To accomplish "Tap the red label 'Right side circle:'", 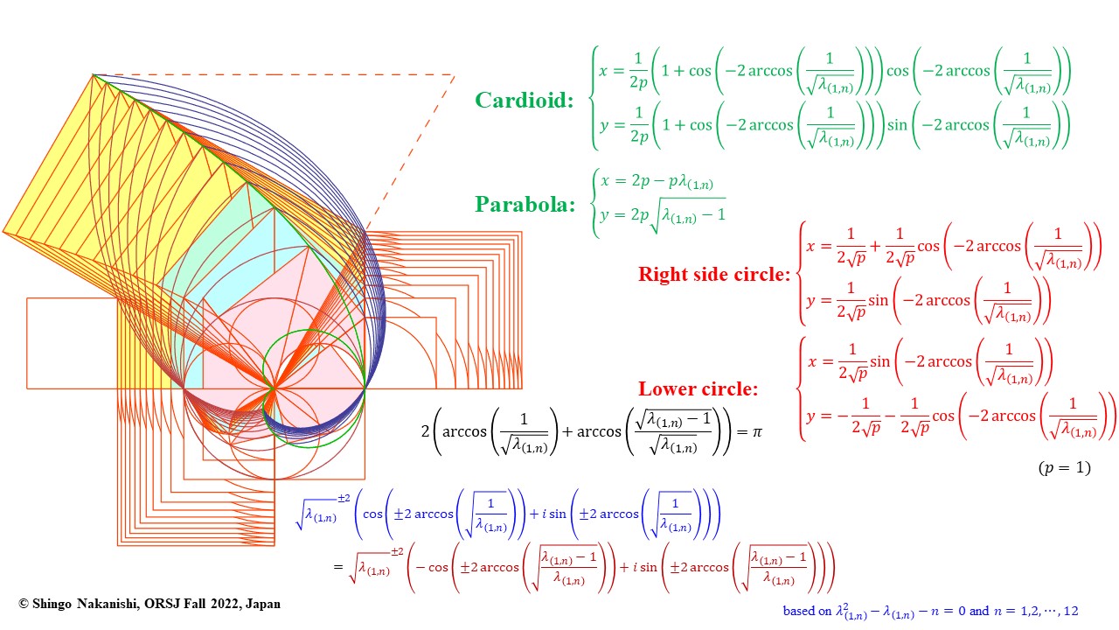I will [x=713, y=274].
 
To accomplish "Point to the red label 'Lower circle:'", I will [x=698, y=388].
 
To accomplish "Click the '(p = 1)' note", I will [x=1064, y=467].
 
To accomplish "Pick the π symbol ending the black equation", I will [x=757, y=431].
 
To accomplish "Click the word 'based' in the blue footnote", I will [x=800, y=611].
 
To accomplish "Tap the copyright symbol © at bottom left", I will [x=24, y=604].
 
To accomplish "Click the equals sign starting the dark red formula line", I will [x=338, y=567].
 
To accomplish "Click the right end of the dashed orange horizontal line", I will [x=455, y=75].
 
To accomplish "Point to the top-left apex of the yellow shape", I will [x=93, y=74].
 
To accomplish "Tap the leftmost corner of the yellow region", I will [x=3, y=233].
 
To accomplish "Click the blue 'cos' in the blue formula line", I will [x=372, y=514].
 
